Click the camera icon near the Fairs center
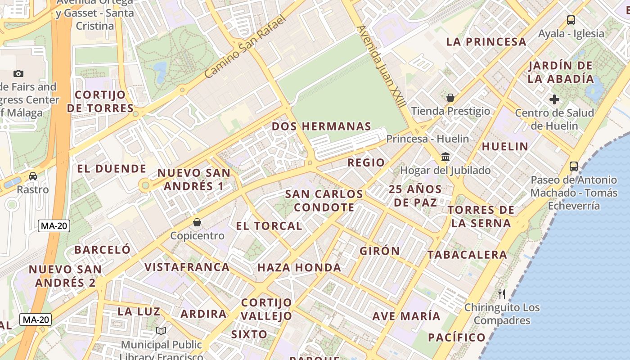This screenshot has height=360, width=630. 18,73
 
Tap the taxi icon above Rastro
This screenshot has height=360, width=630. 33,176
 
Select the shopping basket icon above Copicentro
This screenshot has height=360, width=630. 197,222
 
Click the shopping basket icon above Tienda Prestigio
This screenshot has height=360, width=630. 450,98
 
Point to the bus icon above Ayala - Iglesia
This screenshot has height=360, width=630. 571,20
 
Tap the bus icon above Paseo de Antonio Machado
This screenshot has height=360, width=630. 574,166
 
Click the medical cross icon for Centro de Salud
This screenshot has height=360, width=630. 554,99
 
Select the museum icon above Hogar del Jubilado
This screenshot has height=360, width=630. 445,157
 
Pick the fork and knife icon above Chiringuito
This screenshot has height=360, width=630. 502,294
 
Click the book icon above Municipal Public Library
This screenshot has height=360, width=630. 161,331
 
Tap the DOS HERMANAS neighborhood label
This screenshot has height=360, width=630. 322,126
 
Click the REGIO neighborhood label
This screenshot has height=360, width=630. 366,162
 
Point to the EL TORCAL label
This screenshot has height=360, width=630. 269,226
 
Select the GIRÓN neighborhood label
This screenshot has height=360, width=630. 380,251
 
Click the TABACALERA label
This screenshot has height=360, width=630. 467,255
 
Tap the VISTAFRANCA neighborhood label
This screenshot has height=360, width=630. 187,267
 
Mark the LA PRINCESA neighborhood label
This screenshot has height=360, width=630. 486,42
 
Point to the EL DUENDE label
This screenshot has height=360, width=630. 112,169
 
